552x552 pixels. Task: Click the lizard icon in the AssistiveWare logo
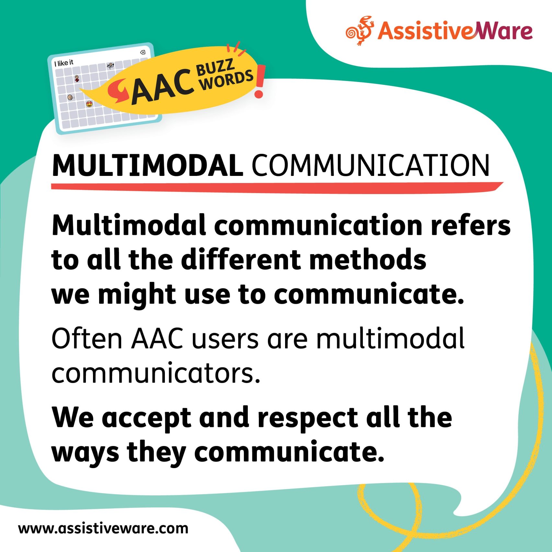tap(360, 30)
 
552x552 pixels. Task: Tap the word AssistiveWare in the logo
tap(455, 31)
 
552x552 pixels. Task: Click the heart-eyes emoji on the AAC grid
tap(89, 104)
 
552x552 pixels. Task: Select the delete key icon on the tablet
tap(142, 52)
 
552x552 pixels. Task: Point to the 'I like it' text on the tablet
tap(64, 63)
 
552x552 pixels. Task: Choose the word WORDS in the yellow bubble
tap(226, 80)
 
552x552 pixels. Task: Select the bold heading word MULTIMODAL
tap(147, 166)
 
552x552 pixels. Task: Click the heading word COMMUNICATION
tap(370, 166)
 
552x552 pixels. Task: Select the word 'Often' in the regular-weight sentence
tap(87, 339)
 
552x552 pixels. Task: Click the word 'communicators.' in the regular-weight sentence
tap(156, 374)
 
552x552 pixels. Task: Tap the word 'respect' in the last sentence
tap(308, 418)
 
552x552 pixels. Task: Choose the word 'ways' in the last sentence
tap(86, 453)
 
